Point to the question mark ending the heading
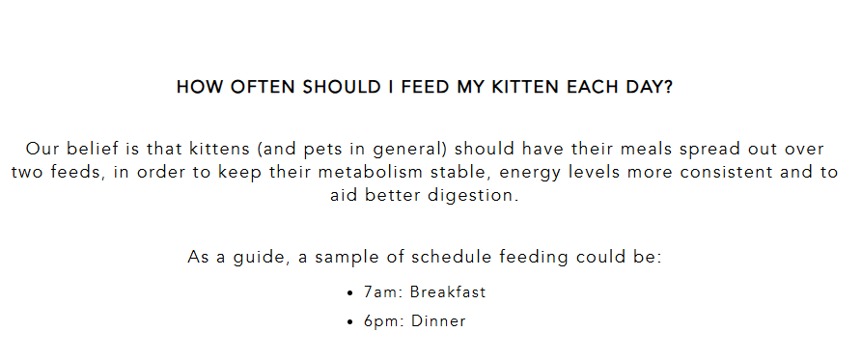point(669,87)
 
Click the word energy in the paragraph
point(530,173)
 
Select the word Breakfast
point(448,291)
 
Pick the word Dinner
point(438,320)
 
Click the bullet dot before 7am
point(350,293)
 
